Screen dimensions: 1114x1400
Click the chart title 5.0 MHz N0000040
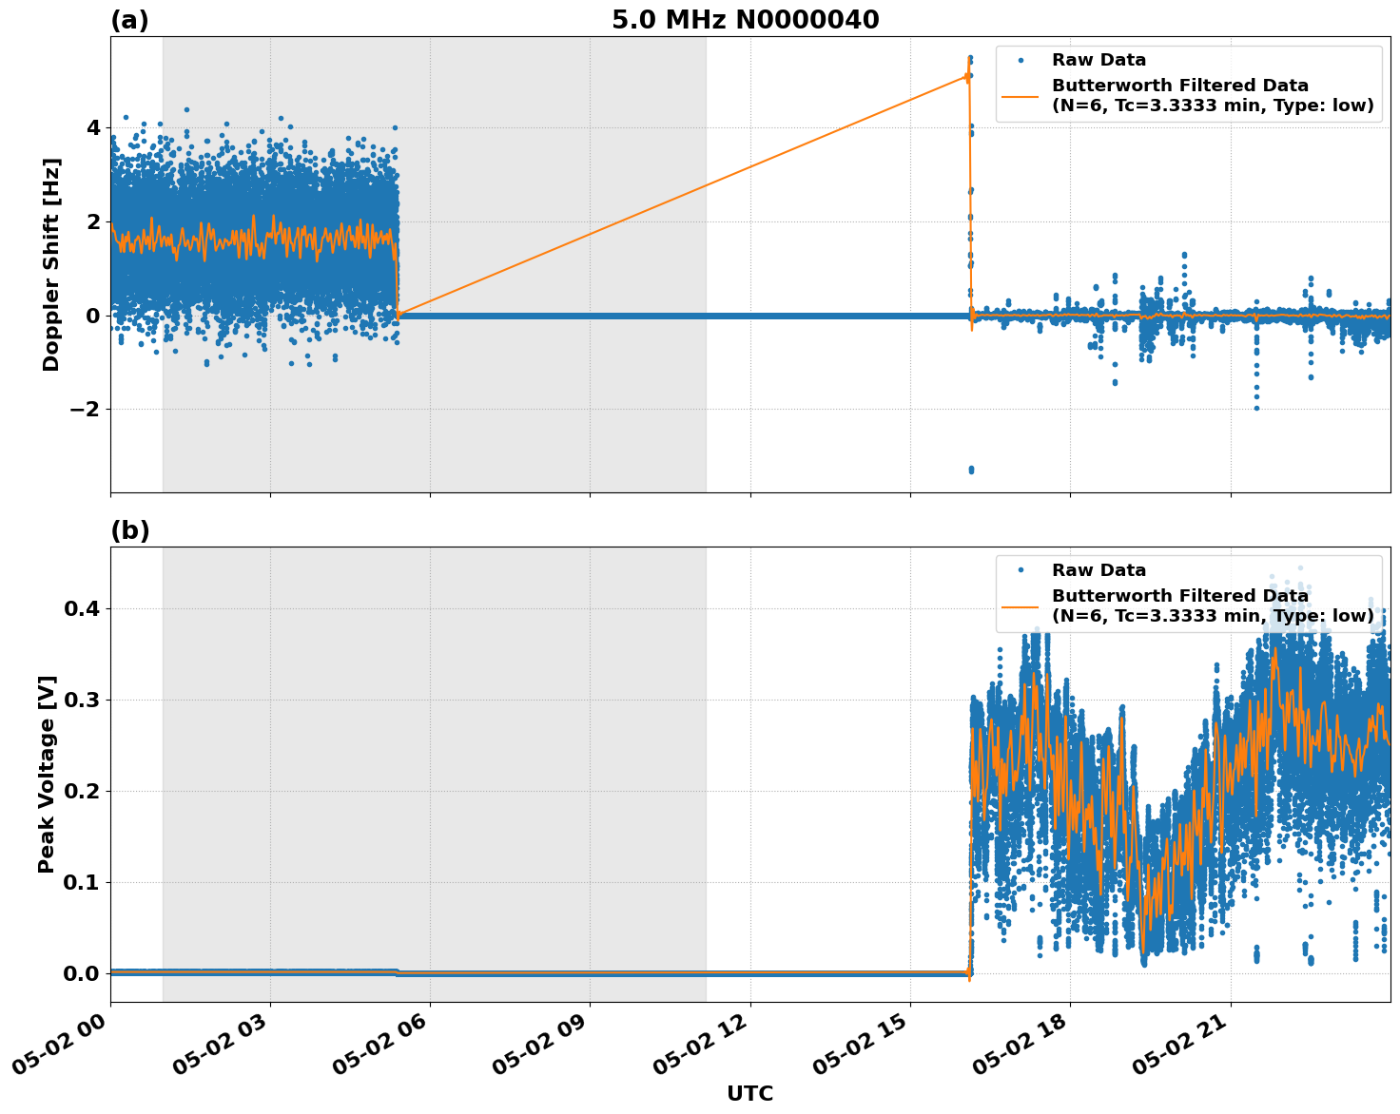745,20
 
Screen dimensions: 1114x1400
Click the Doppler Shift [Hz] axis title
51,264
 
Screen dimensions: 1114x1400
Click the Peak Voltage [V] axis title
47,774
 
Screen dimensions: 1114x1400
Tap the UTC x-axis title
749,1094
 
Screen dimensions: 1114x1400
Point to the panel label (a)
129,20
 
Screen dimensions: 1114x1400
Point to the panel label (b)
129,530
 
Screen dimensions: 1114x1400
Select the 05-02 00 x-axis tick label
61,1039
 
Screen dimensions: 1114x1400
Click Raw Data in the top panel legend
1099,61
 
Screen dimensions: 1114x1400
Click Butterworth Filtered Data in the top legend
1179,86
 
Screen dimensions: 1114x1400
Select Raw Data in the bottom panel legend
1099,570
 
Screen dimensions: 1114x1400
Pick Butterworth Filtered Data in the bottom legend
1179,596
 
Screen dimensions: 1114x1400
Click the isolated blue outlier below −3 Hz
970,470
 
